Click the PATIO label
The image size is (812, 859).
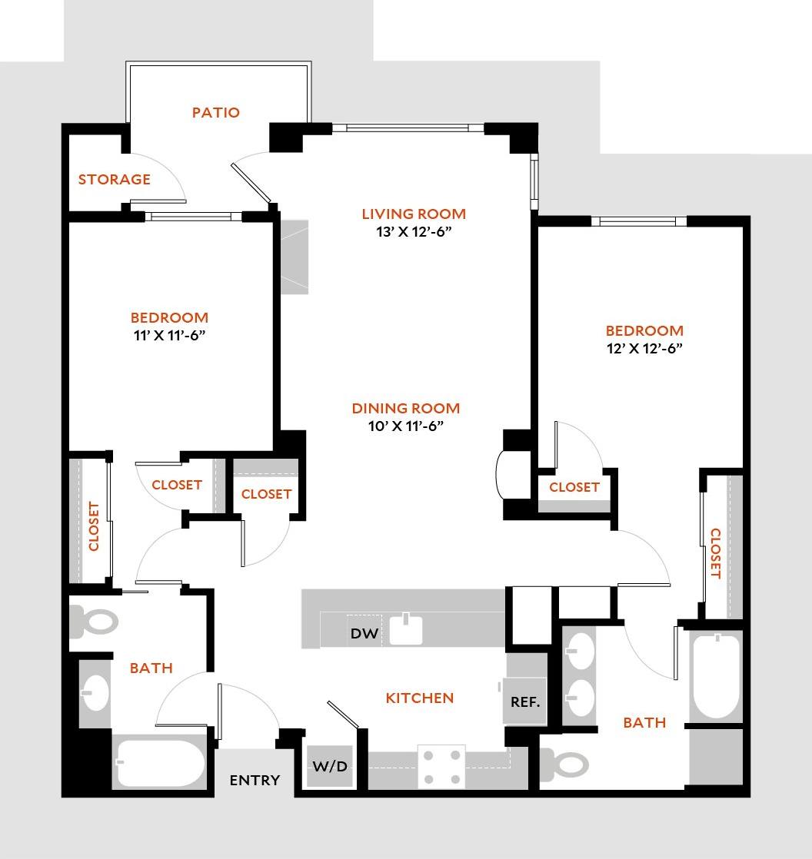(x=215, y=113)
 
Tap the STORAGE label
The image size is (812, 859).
(x=114, y=180)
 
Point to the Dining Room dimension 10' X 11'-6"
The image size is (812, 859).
(x=405, y=426)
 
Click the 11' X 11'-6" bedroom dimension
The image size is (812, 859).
(x=168, y=335)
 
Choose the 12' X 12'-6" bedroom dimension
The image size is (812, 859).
(x=644, y=348)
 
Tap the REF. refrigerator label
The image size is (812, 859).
(x=525, y=701)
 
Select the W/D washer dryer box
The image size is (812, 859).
(x=329, y=766)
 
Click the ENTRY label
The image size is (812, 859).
(x=255, y=781)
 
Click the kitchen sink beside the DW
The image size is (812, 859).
(x=408, y=628)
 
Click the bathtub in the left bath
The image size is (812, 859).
(x=159, y=763)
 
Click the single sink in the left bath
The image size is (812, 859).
(x=95, y=692)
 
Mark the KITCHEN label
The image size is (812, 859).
(x=419, y=698)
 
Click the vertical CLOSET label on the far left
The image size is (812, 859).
(x=95, y=527)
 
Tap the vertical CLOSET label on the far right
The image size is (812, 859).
(x=715, y=553)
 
